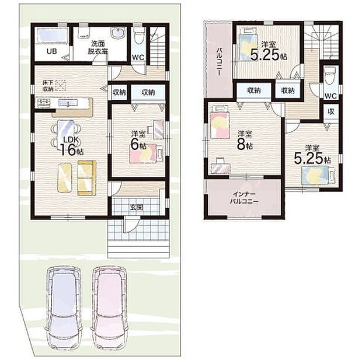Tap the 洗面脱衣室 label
(x=98, y=47)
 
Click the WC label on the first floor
(x=138, y=57)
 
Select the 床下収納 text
(x=48, y=86)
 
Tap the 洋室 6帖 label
(x=137, y=139)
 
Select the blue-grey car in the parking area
(x=64, y=300)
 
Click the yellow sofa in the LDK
(x=86, y=177)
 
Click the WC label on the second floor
(x=330, y=95)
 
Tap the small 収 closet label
(x=331, y=111)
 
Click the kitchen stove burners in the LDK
(x=43, y=103)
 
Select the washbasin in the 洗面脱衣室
(x=117, y=34)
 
